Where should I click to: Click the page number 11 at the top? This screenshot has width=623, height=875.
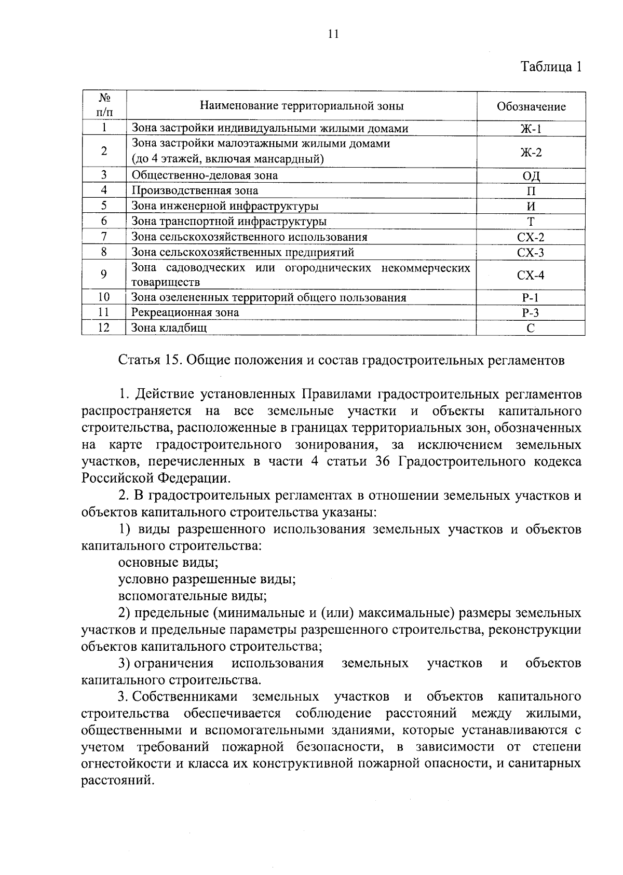coord(333,34)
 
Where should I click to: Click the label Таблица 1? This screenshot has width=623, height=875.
coord(551,67)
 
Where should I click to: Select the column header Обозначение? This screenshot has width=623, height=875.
coord(531,107)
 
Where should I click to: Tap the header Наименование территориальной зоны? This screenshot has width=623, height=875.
coord(302,106)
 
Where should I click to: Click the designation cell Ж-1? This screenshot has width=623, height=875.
coord(531,129)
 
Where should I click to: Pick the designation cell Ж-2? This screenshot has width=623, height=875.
coord(531,152)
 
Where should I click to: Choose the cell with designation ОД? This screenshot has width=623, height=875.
coord(531,175)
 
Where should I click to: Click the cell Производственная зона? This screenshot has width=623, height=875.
coord(195,190)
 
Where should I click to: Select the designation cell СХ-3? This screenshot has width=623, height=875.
coord(531,253)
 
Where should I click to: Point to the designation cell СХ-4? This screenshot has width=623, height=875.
coord(531,275)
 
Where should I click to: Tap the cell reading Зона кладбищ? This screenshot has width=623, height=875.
coord(169,327)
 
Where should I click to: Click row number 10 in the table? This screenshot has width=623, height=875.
coord(104,297)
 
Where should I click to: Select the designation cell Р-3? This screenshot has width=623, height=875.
coord(531,312)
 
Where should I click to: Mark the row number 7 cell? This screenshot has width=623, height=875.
coord(104,237)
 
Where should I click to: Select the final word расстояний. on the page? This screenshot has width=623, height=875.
coord(118,780)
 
